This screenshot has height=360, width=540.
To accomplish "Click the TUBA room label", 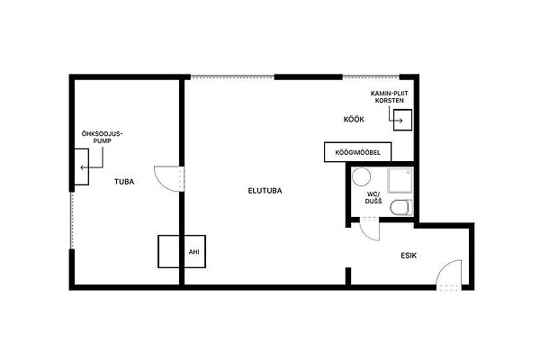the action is [124, 182].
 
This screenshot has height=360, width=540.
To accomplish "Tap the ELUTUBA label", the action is [265, 191].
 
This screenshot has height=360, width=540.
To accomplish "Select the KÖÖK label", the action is [354, 119].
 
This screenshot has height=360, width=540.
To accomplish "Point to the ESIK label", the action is [409, 256].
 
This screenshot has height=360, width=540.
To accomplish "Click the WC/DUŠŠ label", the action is [373, 197].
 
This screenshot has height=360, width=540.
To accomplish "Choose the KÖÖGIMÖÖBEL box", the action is [358, 152].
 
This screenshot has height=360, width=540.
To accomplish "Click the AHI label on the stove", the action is [193, 252].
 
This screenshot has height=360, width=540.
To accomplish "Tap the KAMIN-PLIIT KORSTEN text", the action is [390, 97].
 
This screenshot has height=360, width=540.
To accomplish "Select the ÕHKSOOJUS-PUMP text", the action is [103, 137].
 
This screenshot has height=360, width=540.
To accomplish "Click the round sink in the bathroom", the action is [361, 176].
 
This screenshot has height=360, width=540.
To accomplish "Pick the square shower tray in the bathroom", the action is [400, 180].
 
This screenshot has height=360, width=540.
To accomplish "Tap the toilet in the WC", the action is [401, 207].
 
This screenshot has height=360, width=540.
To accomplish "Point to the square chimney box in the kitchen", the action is [402, 120].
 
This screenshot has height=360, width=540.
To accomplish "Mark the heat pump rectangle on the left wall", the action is [82, 166].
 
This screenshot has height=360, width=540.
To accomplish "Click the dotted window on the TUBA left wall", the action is [72, 220].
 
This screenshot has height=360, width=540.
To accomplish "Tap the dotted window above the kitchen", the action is [371, 77].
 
